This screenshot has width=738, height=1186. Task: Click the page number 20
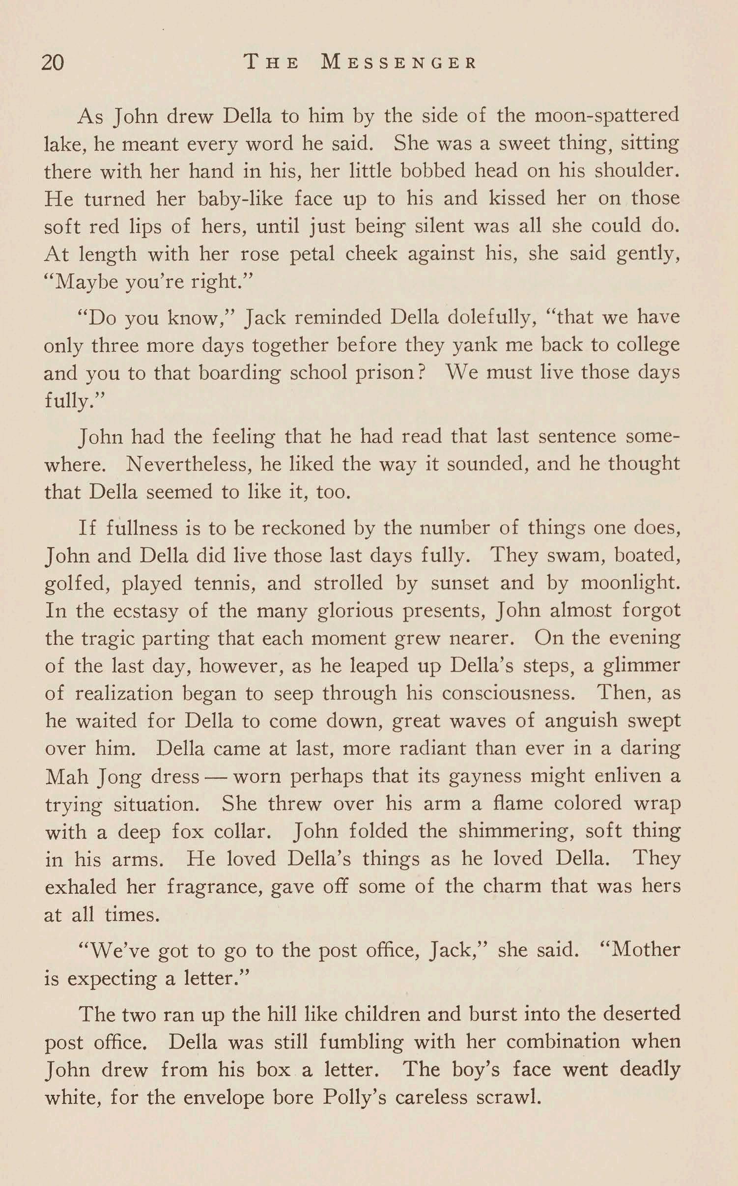(x=53, y=63)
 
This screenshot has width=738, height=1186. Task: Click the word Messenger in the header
(x=398, y=63)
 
